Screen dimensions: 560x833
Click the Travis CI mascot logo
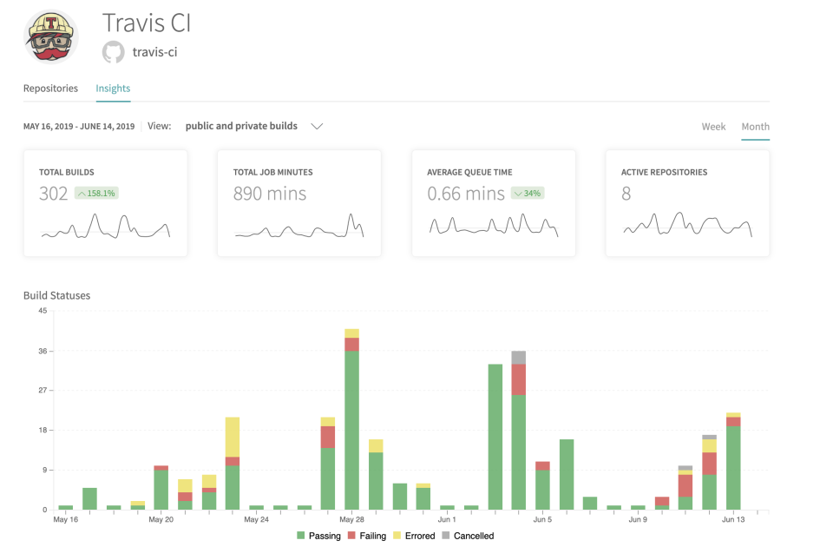[x=50, y=37]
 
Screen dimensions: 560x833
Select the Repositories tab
[x=50, y=89]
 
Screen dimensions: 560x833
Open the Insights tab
[x=113, y=89]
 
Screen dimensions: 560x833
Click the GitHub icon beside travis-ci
[x=114, y=52]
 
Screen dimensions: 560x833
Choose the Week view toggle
[x=713, y=127]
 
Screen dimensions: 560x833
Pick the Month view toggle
[x=755, y=127]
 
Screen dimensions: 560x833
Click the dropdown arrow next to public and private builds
[x=317, y=127]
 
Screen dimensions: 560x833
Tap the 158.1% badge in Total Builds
[x=96, y=194]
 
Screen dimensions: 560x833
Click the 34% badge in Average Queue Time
[x=527, y=194]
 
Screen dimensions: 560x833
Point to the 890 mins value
[x=269, y=194]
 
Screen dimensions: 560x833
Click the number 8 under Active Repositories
[x=626, y=194]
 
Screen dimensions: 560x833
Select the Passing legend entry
[x=318, y=537]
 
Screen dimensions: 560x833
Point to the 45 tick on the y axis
[x=42, y=311]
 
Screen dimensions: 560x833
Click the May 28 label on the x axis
[x=351, y=520]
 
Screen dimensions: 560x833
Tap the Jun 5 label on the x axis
[x=542, y=520]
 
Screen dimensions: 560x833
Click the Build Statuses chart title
[x=56, y=295]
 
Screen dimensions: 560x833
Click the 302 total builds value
[x=53, y=194]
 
